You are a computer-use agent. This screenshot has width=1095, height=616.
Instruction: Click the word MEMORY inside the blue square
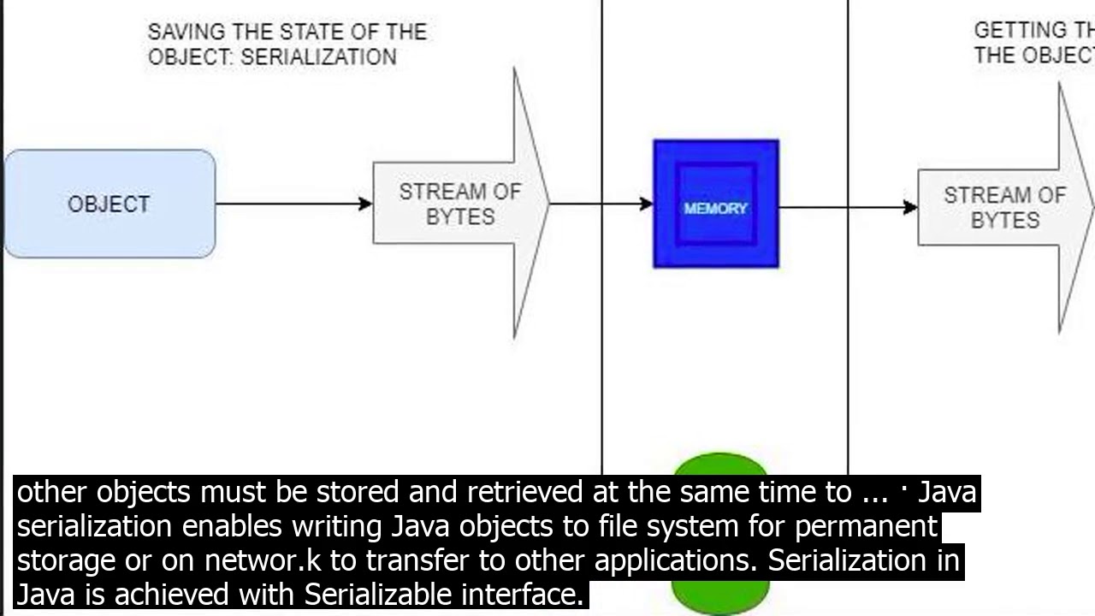pyautogui.click(x=716, y=208)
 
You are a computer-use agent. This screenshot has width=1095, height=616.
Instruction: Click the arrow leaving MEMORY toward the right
pyautogui.click(x=847, y=206)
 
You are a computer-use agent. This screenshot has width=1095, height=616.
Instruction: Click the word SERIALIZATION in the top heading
pyautogui.click(x=319, y=57)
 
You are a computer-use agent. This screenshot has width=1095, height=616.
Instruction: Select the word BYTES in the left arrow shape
pyautogui.click(x=460, y=217)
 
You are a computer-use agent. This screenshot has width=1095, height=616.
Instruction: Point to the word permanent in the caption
pyautogui.click(x=866, y=526)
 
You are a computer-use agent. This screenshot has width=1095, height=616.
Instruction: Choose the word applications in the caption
pyautogui.click(x=677, y=560)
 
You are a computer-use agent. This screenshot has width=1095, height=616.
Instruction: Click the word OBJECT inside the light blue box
pyautogui.click(x=109, y=204)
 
